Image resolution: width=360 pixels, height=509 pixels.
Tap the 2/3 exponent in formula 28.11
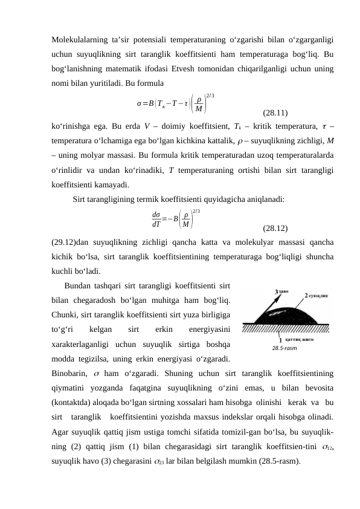coord(210,94)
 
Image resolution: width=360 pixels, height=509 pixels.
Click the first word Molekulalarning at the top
coord(77,40)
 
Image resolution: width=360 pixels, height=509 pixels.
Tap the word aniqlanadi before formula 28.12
coord(266,197)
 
